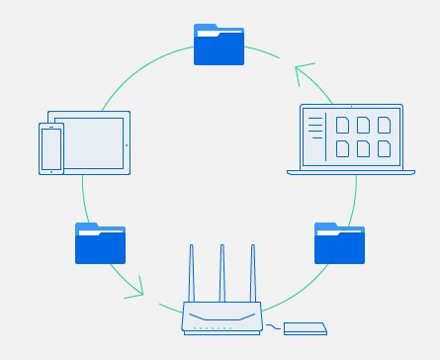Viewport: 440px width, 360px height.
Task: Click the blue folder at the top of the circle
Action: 219,45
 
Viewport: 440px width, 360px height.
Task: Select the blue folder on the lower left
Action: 101,243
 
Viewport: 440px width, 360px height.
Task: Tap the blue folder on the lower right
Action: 339,243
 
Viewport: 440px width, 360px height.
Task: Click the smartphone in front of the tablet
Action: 50,148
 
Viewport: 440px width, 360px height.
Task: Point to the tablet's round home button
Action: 126,144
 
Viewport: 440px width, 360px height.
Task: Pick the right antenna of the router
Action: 252,273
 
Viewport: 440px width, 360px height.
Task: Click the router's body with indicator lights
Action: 222,318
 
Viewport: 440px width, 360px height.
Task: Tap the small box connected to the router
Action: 305,328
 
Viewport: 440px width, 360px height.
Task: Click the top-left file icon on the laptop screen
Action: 343,125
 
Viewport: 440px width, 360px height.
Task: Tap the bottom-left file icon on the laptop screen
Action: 343,148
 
